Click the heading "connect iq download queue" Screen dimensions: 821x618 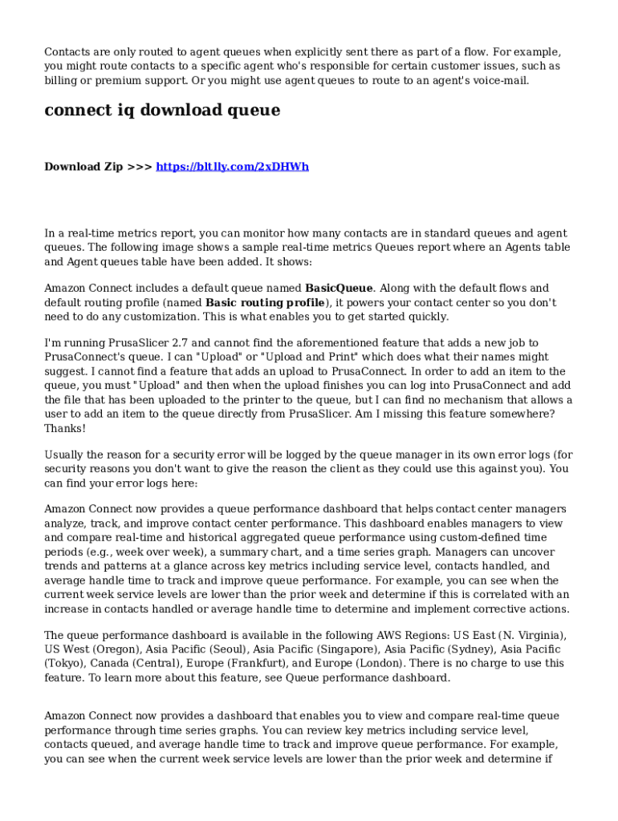[162, 111]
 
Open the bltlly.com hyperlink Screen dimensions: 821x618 [232, 167]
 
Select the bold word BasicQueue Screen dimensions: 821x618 [339, 288]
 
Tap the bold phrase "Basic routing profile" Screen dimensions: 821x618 [266, 303]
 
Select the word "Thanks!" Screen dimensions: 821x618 [65, 428]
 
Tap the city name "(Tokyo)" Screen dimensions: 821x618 [64, 663]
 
